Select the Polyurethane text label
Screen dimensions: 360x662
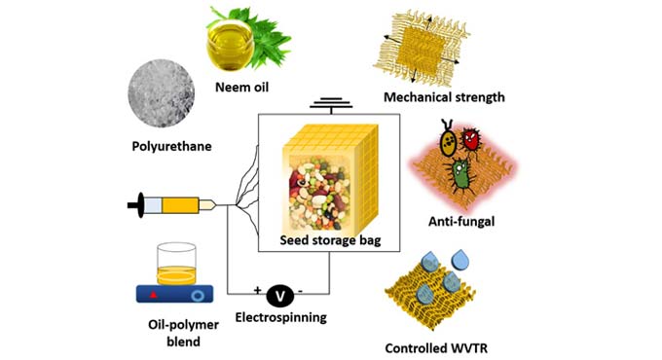[x=171, y=147]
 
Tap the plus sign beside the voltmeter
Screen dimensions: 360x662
[x=259, y=291]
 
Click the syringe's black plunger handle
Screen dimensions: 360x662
[x=132, y=205]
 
